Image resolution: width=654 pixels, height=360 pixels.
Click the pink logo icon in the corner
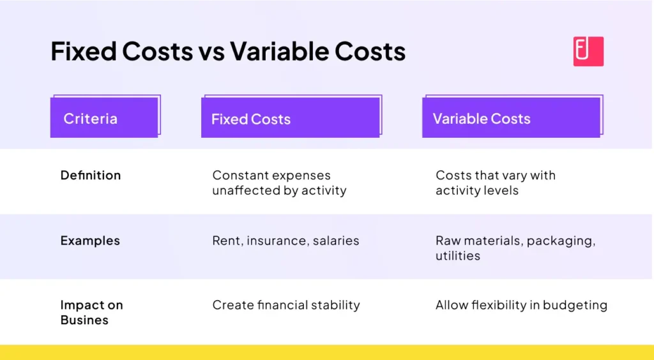coord(588,51)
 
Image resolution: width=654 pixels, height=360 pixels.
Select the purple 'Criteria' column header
coord(104,118)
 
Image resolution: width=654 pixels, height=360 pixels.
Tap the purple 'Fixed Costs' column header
coord(291,118)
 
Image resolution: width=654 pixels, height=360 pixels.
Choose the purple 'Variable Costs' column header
coord(511,118)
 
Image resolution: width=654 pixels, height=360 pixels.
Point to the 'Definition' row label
coord(90,175)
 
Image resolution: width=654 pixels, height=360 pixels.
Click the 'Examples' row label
coord(90,241)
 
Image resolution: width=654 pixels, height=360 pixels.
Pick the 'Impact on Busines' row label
coord(91,312)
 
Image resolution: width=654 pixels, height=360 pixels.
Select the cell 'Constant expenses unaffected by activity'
coord(279,183)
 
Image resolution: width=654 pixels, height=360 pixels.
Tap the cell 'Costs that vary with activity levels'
coord(496,183)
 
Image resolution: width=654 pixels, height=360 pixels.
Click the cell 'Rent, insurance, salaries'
coord(285,241)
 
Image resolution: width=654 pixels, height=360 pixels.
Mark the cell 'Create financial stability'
coord(286,305)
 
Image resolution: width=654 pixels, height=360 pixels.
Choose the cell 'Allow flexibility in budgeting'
coord(521,305)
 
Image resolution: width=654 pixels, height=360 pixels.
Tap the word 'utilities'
coord(458,255)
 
